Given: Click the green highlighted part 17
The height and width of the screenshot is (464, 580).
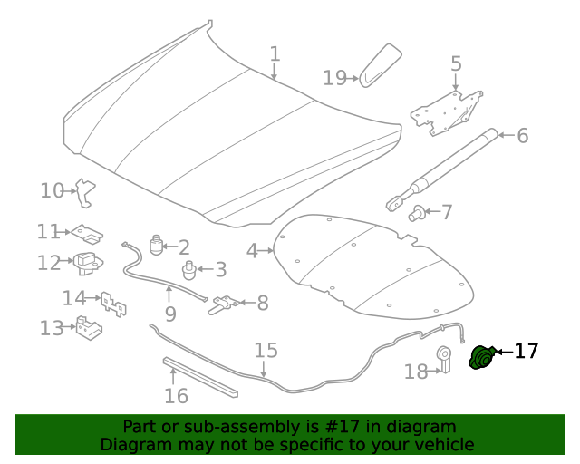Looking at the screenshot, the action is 482,357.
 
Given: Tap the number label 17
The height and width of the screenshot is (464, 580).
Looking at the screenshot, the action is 526,351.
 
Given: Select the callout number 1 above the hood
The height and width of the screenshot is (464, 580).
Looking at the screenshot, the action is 275,53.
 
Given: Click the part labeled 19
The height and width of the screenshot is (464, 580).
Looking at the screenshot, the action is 381,65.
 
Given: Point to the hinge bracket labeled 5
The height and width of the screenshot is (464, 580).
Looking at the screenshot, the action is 447,113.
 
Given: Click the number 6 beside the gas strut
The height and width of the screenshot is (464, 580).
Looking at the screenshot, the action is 522,135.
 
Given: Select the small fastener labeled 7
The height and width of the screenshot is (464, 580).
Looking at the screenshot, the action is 416,213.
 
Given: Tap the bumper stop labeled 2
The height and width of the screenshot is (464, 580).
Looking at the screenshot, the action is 156,245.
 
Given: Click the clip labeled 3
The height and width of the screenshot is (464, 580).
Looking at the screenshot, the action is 189,270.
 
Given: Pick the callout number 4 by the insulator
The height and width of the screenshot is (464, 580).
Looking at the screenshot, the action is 252,251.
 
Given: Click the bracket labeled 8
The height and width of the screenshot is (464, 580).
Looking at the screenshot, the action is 224,304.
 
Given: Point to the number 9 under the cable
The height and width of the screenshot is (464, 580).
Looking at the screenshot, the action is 170,314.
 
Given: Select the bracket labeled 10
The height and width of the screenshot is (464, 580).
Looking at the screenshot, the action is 85,193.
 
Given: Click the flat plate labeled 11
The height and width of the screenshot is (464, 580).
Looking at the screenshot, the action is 87,234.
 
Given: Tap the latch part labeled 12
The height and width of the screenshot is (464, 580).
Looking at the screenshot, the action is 88,264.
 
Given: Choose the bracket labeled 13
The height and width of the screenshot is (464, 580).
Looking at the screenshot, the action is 89,328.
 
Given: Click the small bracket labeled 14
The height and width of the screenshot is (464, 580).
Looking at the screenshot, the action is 113,304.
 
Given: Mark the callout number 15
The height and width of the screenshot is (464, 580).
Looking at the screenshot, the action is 266,350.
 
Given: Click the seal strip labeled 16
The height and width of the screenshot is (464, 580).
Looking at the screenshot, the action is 200,377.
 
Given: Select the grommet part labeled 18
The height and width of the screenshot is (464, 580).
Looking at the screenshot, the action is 444,359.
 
